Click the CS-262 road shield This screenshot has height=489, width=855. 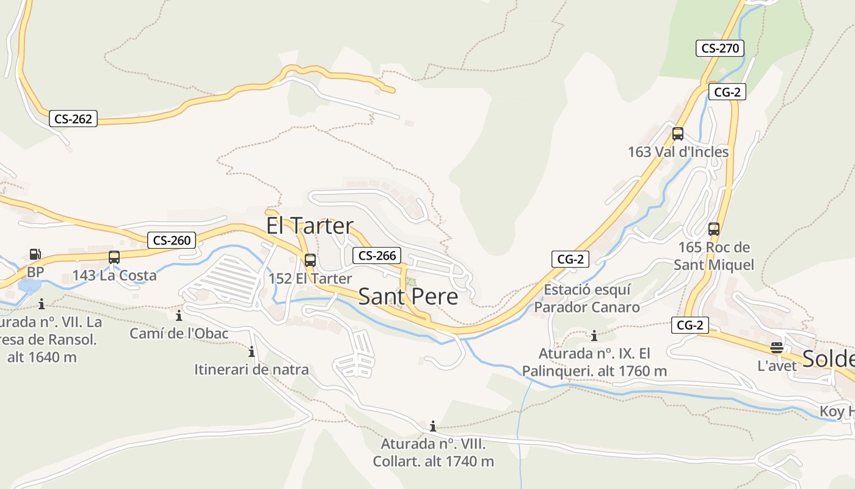click(x=73, y=119)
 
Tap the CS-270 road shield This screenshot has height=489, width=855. click(x=720, y=48)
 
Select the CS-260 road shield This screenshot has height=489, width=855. click(x=172, y=240)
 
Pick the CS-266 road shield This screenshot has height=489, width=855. click(x=377, y=256)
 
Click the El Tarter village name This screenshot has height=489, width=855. click(x=310, y=226)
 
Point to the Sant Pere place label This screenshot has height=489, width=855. click(x=408, y=296)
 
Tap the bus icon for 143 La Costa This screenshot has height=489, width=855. click(x=114, y=257)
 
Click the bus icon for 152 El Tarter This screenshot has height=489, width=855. click(x=310, y=260)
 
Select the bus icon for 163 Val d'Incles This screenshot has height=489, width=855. click(x=678, y=134)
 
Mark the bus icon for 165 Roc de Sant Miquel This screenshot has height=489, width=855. click(x=714, y=229)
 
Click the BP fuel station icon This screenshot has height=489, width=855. click(x=35, y=254)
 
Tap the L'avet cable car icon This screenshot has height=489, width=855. click(x=777, y=348)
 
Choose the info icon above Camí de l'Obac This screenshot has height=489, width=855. click(x=179, y=316)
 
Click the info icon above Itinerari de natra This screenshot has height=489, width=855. click(x=251, y=352)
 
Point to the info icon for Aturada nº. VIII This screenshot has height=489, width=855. click(x=433, y=426)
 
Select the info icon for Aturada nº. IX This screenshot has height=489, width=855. click(x=594, y=336)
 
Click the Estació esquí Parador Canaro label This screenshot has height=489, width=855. click(x=587, y=298)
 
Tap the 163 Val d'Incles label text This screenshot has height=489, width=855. click(x=678, y=152)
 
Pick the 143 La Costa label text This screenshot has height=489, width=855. click(x=115, y=276)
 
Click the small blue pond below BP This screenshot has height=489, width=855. click(x=29, y=286)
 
